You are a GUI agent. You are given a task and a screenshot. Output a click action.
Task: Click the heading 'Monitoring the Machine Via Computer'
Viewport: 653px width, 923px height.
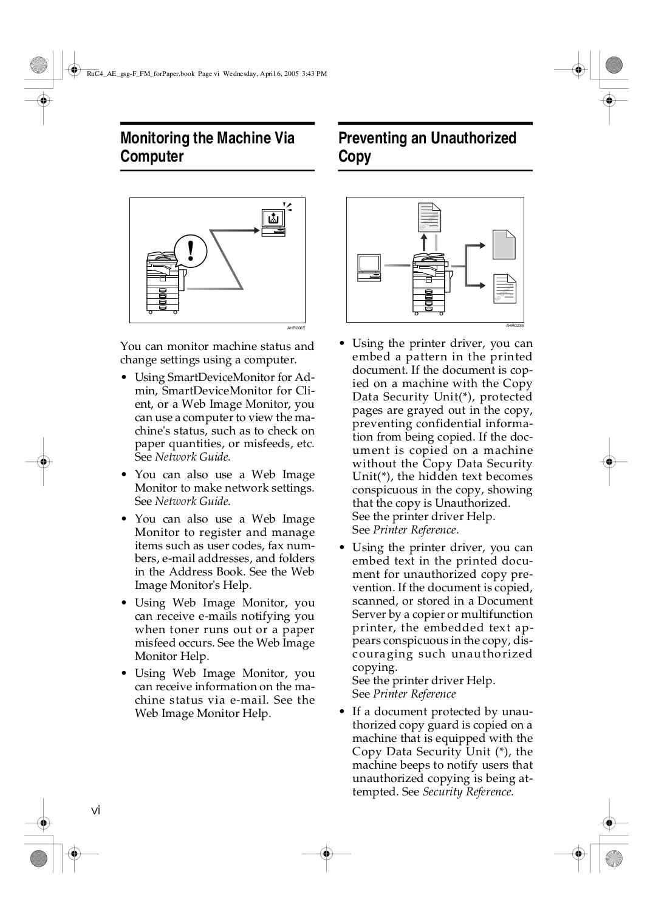(x=207, y=147)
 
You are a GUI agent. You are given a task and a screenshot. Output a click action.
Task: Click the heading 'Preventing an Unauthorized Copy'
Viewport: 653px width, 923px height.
(x=427, y=147)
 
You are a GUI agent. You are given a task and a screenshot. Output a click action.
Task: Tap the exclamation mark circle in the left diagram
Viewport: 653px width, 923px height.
(x=191, y=250)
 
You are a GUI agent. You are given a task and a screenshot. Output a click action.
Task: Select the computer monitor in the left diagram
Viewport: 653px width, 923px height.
(x=273, y=221)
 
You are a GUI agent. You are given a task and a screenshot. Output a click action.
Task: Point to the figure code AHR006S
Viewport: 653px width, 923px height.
(x=296, y=328)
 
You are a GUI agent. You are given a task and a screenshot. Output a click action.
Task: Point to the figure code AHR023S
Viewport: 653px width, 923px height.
(x=515, y=326)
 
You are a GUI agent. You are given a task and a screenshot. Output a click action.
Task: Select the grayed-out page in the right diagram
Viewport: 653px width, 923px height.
(x=504, y=245)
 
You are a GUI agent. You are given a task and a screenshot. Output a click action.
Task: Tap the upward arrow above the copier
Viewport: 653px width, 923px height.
(x=424, y=241)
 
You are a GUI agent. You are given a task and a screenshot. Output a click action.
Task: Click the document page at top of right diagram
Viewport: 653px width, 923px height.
(x=429, y=218)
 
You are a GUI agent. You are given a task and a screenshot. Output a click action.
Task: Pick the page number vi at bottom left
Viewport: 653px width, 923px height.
(x=95, y=811)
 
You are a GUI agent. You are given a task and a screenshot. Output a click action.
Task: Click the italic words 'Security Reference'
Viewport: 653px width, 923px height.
(x=467, y=792)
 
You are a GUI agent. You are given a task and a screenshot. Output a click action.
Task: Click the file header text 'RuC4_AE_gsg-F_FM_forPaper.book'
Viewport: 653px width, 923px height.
(x=141, y=74)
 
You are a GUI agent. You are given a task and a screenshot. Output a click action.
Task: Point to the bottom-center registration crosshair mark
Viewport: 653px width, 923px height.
(x=326, y=853)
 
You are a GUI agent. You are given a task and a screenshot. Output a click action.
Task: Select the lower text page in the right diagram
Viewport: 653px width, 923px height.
(x=504, y=289)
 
